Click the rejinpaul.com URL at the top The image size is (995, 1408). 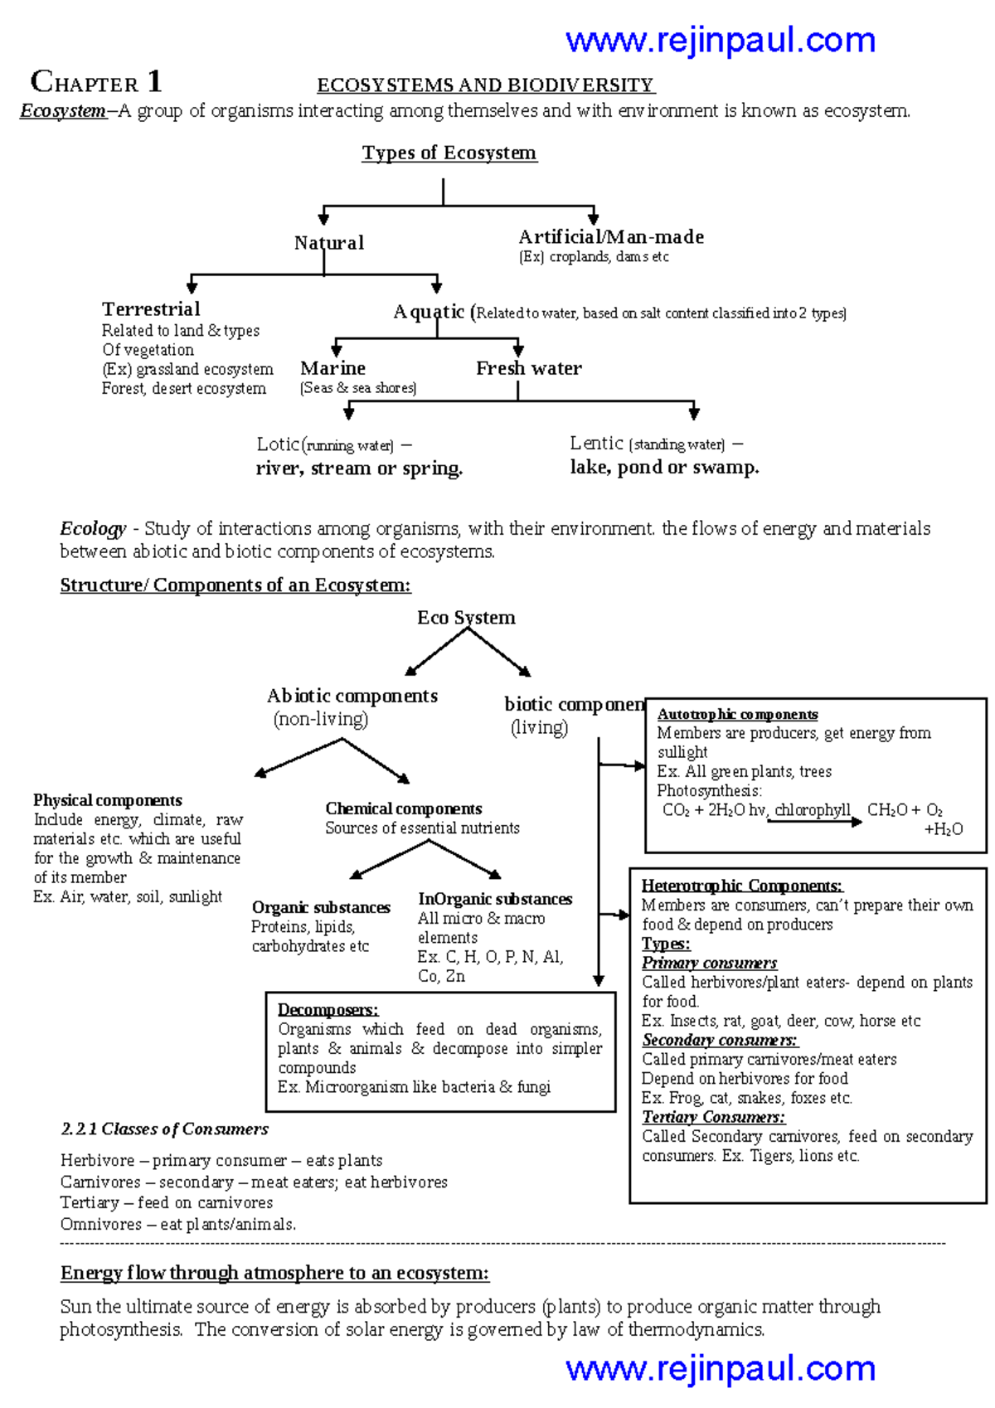(720, 40)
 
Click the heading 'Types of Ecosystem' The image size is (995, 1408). (449, 153)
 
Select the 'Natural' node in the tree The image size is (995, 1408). (328, 243)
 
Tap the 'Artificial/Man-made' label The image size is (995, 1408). (611, 237)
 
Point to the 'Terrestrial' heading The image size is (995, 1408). (151, 309)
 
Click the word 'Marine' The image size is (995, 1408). (332, 368)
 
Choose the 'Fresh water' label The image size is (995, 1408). (528, 368)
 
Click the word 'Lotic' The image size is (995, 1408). (277, 444)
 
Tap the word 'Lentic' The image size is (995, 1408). (596, 444)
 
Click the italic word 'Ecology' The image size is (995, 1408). (93, 529)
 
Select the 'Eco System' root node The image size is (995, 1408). (466, 618)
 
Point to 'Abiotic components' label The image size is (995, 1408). (352, 697)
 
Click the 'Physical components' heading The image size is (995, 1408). (108, 800)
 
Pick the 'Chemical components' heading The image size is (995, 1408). (403, 808)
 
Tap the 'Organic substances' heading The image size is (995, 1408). (321, 908)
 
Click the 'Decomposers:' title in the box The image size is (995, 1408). (328, 1010)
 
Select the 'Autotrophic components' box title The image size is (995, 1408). (737, 715)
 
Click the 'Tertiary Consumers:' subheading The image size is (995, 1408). (713, 1118)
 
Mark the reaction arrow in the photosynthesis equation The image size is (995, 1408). (813, 821)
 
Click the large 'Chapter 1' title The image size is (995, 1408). (96, 82)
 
